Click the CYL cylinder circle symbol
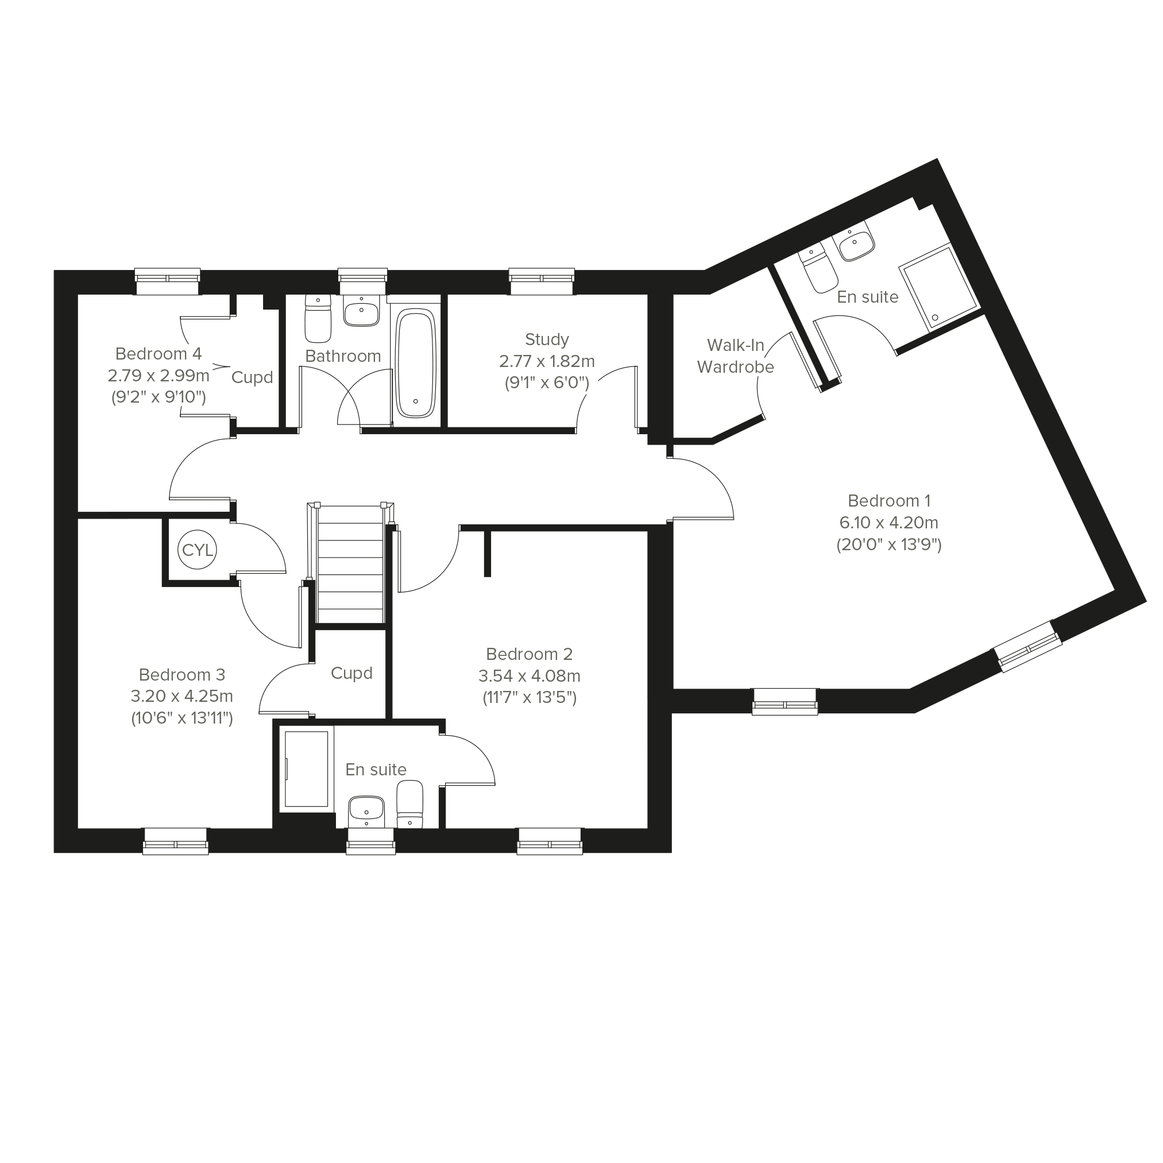pyautogui.click(x=198, y=550)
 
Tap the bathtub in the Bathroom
pyautogui.click(x=415, y=363)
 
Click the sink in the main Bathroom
pyautogui.click(x=361, y=311)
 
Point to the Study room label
pyautogui.click(x=547, y=339)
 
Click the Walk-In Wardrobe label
pyautogui.click(x=736, y=356)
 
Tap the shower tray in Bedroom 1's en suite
pyautogui.click(x=938, y=288)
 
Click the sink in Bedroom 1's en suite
pyautogui.click(x=854, y=241)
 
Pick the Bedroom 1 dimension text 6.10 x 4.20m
pyautogui.click(x=888, y=523)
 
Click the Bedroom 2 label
pyautogui.click(x=529, y=654)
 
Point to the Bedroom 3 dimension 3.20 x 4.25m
pyautogui.click(x=182, y=696)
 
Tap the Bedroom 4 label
pyautogui.click(x=159, y=353)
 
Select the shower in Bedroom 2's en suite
pyautogui.click(x=307, y=768)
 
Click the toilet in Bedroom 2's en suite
pyautogui.click(x=410, y=803)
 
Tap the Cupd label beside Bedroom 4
pyautogui.click(x=252, y=377)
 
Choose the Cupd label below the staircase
pyautogui.click(x=351, y=673)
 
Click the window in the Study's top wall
pyautogui.click(x=541, y=281)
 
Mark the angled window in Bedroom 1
pyautogui.click(x=1027, y=646)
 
